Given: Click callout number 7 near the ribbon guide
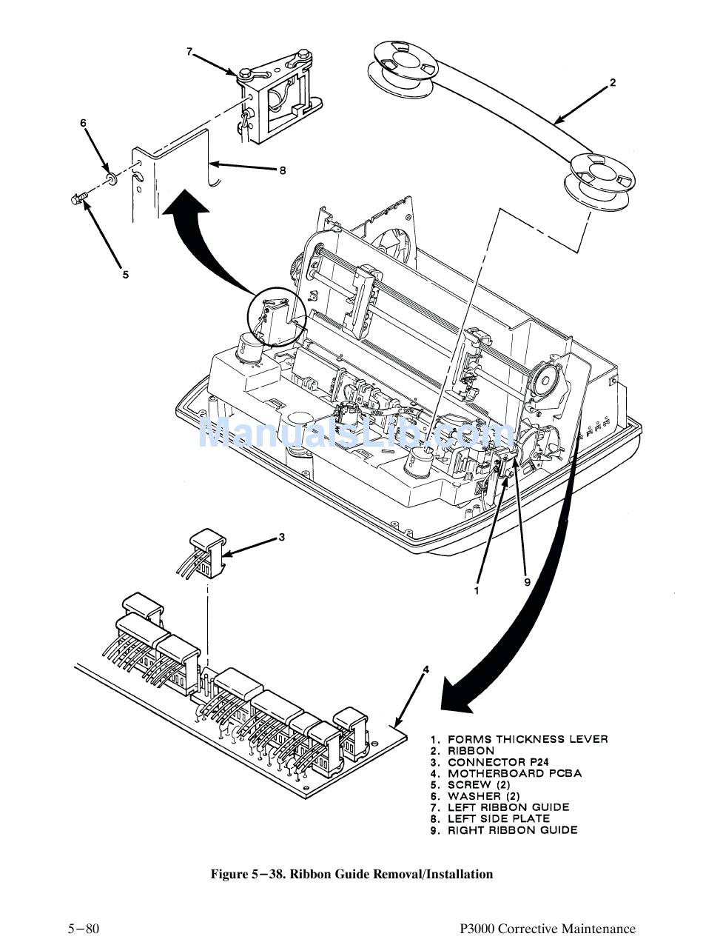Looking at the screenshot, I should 189,52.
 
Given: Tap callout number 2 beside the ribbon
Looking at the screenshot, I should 613,83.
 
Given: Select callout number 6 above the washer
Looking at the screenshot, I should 84,123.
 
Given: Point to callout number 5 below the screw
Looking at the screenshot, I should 126,275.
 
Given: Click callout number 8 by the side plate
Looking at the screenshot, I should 282,170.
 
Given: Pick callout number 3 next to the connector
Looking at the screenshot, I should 281,538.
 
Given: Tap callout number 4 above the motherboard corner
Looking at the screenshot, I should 425,669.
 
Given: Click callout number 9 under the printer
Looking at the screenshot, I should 527,582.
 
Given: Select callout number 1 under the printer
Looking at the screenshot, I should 477,591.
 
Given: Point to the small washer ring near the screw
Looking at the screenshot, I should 110,178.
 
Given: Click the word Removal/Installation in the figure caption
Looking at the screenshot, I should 440,875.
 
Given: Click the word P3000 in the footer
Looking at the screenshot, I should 477,929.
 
